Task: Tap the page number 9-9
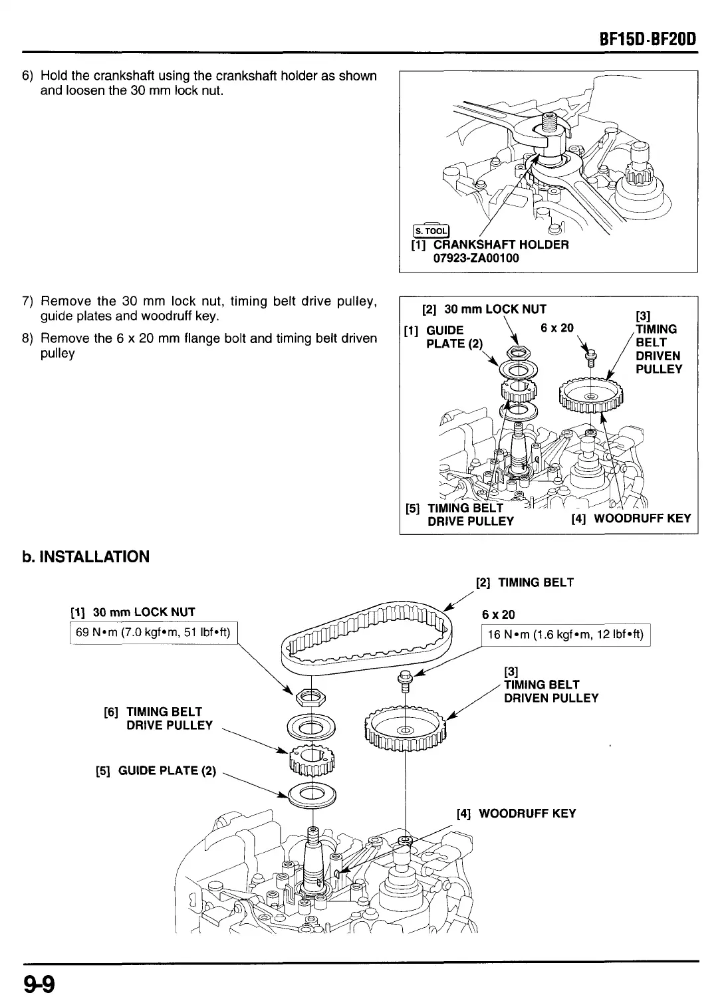[x=41, y=982]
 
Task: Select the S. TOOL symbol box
[x=431, y=231]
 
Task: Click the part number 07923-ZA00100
[x=476, y=258]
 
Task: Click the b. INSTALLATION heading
[x=85, y=557]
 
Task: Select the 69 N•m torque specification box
[x=153, y=632]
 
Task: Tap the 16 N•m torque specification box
[x=566, y=635]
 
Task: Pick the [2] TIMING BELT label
[x=525, y=583]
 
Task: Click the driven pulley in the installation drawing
[x=406, y=729]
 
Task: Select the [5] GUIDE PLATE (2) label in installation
[x=157, y=771]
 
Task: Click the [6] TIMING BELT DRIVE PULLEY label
[x=158, y=719]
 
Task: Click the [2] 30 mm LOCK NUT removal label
[x=485, y=309]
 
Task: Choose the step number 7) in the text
[x=28, y=302]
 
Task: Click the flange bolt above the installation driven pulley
[x=404, y=680]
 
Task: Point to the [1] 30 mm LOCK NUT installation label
[x=133, y=612]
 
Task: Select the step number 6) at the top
[x=28, y=76]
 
